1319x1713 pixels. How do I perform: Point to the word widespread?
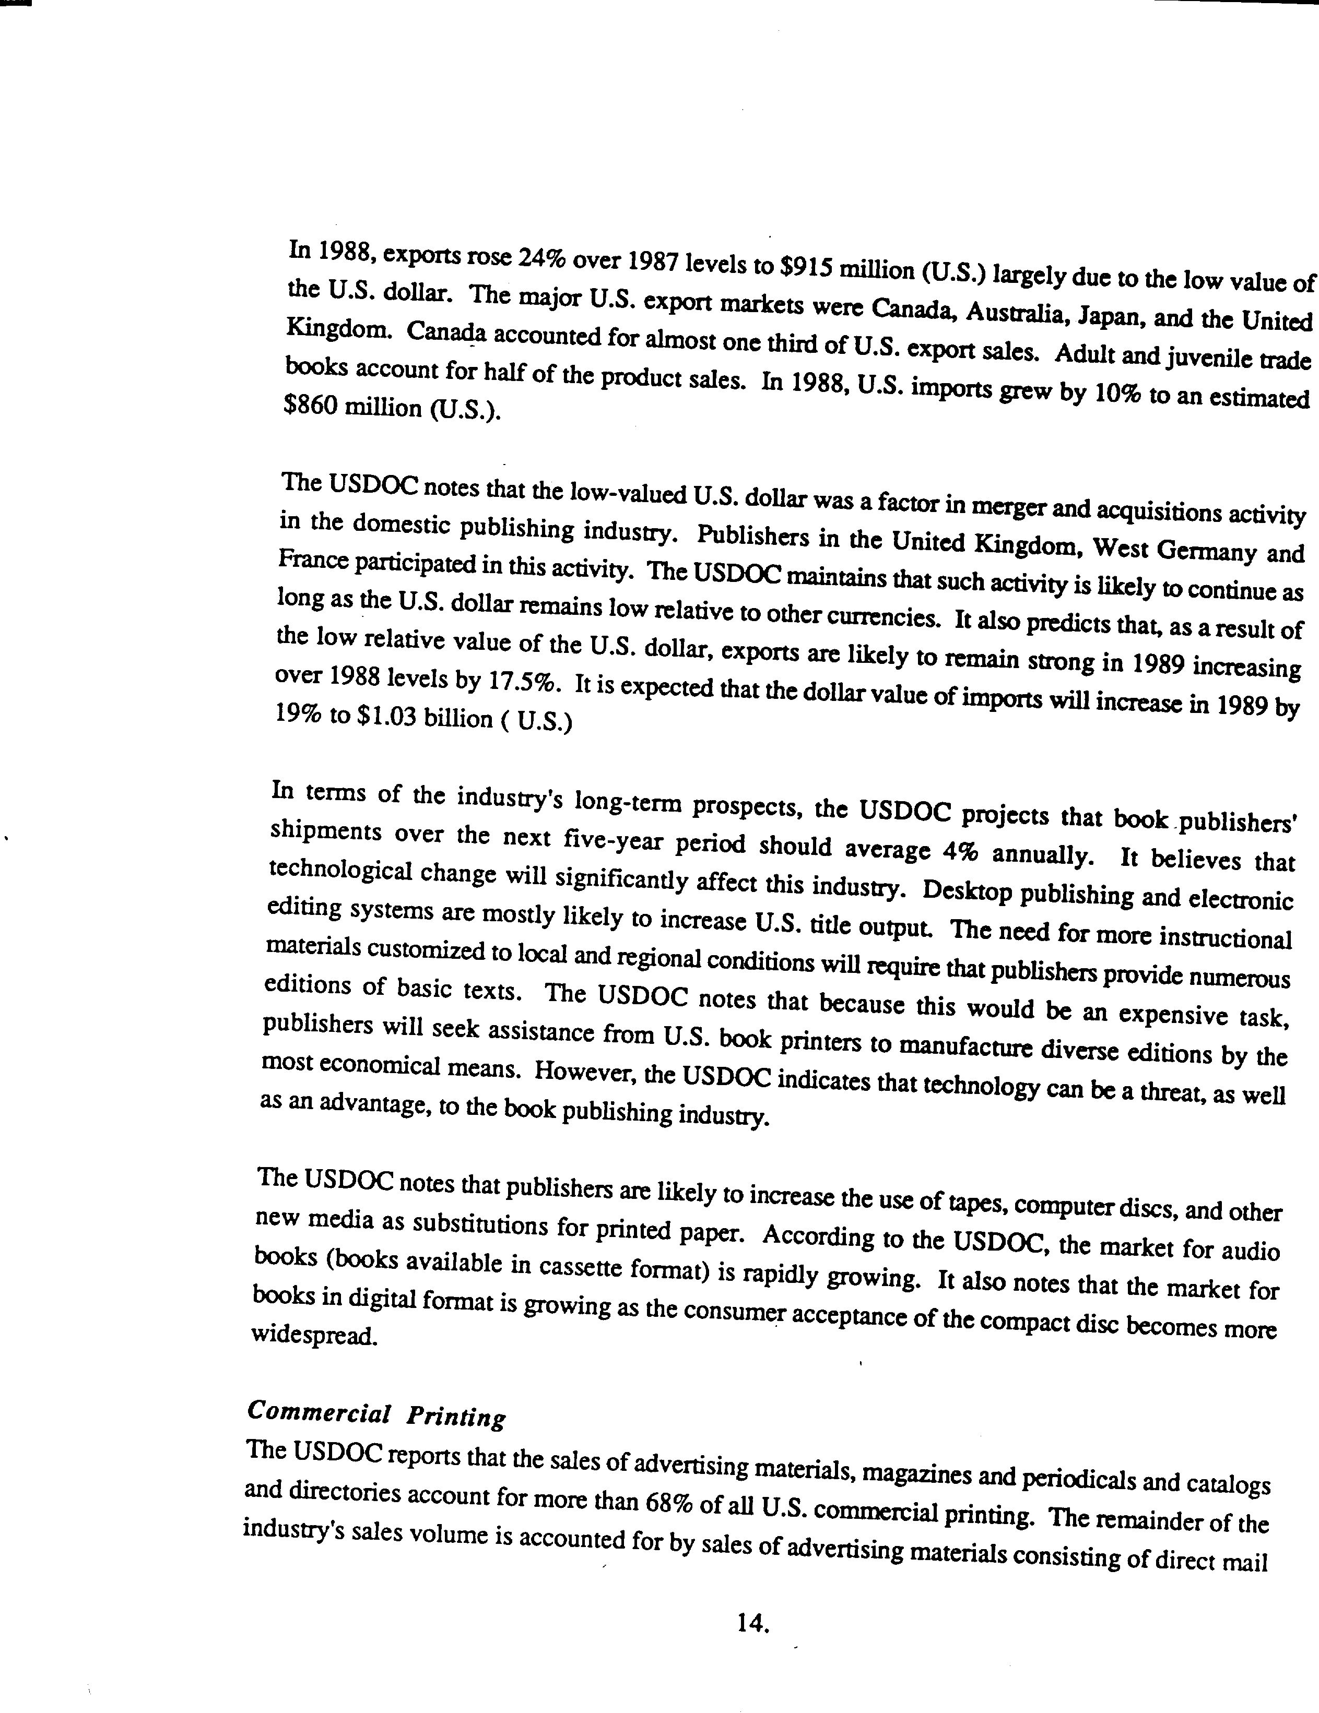coord(315,1335)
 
